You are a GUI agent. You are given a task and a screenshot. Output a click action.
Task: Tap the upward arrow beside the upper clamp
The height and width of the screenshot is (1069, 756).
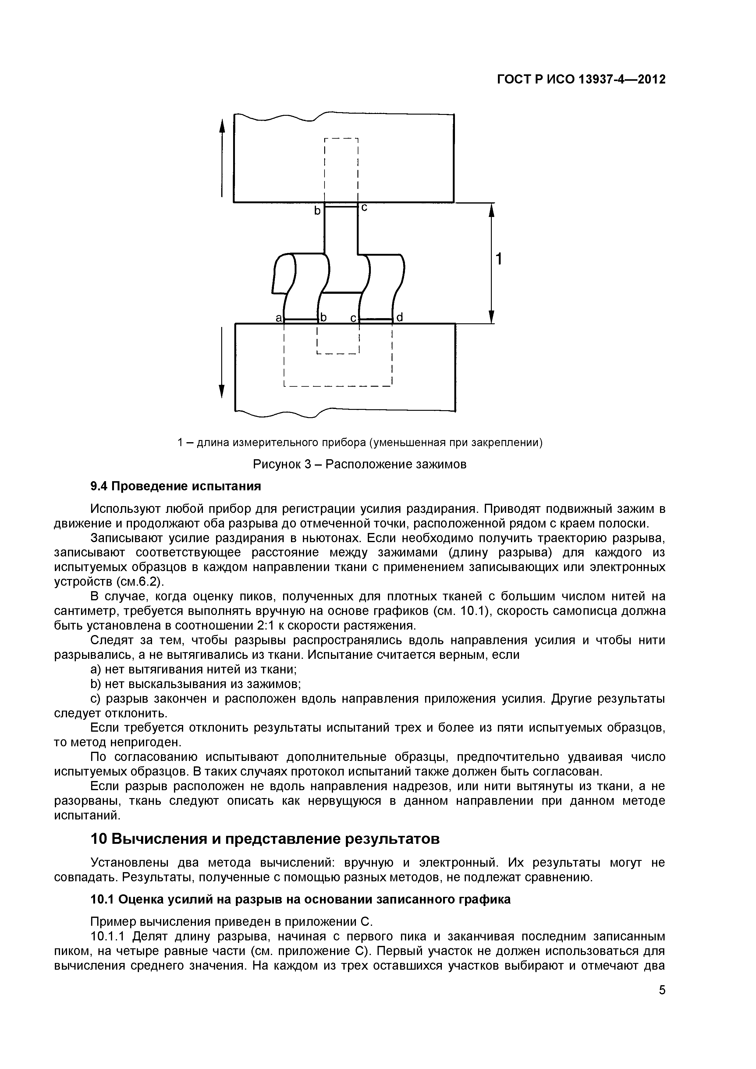222,158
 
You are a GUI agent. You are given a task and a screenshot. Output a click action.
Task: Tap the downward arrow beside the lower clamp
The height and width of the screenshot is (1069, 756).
222,363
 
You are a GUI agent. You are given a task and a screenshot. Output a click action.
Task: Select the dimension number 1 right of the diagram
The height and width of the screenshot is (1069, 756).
499,259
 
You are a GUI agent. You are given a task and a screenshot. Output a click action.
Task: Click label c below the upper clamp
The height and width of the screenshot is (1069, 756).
364,208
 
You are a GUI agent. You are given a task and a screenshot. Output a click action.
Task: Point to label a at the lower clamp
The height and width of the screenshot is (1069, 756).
279,318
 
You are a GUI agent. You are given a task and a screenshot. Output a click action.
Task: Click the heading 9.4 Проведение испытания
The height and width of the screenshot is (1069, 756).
176,486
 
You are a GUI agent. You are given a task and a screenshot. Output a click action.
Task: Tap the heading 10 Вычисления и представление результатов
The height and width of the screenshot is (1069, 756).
264,839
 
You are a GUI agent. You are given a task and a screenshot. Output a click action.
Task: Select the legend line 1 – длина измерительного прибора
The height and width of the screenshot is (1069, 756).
360,442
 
